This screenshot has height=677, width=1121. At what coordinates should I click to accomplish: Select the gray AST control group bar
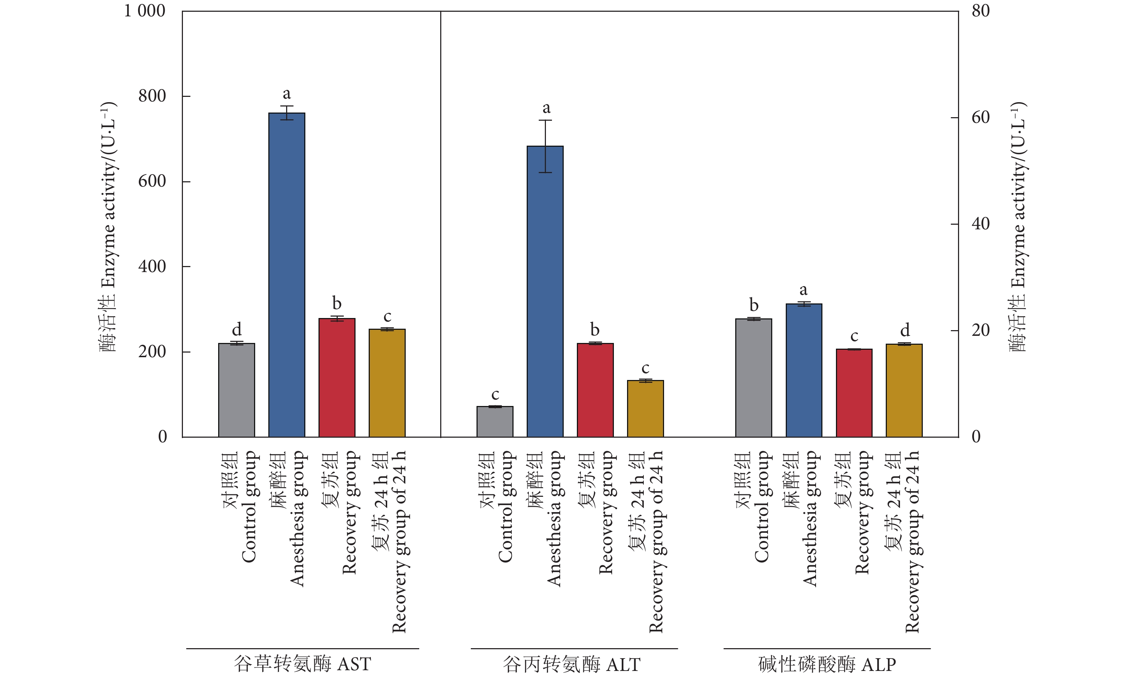click(x=237, y=390)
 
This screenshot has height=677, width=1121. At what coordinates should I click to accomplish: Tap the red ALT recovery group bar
click(x=595, y=390)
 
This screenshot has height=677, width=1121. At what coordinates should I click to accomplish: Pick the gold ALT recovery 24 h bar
click(x=645, y=408)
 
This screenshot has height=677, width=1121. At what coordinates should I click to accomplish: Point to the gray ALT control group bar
click(x=495, y=422)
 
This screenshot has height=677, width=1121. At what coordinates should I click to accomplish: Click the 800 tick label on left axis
click(x=152, y=96)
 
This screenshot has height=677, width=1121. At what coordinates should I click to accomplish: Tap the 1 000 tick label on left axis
click(x=145, y=11)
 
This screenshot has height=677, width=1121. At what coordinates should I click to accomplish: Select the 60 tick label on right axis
click(x=980, y=118)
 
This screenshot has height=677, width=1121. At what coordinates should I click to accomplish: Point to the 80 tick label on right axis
click(x=980, y=11)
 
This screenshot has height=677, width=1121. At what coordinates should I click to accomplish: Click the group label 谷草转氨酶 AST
click(x=302, y=664)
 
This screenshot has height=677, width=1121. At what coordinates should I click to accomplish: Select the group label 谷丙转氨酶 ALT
click(x=572, y=665)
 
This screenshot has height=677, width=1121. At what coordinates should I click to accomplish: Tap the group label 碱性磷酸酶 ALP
click(x=827, y=665)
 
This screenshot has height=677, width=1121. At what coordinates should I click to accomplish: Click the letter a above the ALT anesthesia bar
click(x=546, y=108)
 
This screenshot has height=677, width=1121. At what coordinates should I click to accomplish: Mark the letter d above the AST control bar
click(x=237, y=329)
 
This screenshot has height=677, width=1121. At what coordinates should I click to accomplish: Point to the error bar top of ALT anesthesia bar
click(x=545, y=120)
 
